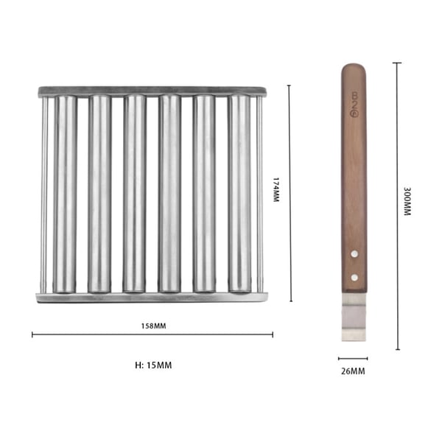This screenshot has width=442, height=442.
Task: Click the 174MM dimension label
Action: (276, 189)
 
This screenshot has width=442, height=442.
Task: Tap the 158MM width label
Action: (152, 325)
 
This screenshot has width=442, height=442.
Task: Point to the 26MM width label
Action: (354, 371)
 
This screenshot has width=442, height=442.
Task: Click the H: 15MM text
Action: (153, 364)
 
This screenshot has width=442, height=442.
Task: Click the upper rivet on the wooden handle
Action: (354, 253)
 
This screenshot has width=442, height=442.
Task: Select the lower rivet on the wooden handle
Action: (354, 278)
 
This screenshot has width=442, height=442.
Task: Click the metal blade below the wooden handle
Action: (354, 317)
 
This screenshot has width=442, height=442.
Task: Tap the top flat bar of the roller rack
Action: (152, 91)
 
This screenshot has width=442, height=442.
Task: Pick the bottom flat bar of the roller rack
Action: (152, 297)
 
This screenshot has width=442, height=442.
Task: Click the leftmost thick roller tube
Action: (65, 193)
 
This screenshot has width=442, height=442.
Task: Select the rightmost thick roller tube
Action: (239, 193)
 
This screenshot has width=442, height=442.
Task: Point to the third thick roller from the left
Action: (134, 193)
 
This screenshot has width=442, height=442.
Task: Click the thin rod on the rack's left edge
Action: (44, 193)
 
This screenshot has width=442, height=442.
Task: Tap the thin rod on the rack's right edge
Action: (259, 193)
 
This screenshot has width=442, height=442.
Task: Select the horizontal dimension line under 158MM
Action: (152, 335)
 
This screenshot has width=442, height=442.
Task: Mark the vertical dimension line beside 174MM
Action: (290, 193)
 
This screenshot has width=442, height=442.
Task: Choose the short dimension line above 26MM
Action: (353, 359)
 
